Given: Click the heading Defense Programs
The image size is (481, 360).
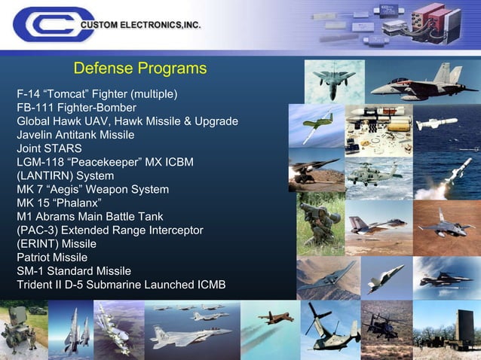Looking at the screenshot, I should coord(139,69).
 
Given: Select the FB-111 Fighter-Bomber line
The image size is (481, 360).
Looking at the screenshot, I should coord(76,108).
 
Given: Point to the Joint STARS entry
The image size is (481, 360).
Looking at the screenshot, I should coord(49,148).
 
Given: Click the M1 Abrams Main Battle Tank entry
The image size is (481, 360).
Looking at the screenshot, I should coord(89,216).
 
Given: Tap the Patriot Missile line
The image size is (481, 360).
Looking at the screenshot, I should coord(52,258).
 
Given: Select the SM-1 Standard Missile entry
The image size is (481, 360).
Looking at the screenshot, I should coord(74,271).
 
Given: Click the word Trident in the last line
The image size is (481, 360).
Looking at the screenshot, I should coord(37,285).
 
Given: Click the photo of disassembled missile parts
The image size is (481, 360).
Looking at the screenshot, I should coord(378,130).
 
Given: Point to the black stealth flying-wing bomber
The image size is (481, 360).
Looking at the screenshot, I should coord(326,276).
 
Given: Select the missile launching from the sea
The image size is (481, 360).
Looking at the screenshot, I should coord(447,175).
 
